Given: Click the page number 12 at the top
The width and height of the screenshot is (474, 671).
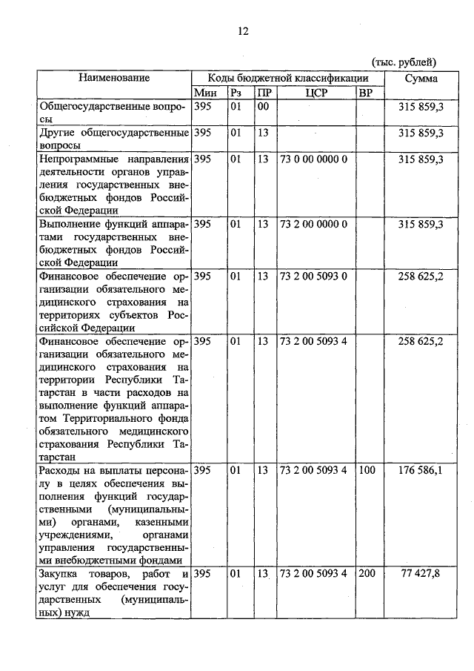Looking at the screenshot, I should [242, 31].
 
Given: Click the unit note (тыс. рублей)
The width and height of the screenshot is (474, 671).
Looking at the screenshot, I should [403, 62].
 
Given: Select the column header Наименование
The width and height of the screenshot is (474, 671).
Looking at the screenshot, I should [114, 78].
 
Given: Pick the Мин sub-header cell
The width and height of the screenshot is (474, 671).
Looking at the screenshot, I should [204, 93].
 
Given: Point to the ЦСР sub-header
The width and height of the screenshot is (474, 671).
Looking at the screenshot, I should [316, 93].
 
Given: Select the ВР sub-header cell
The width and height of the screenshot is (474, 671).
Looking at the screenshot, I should [365, 93].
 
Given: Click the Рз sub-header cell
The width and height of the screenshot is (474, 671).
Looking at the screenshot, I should [236, 93].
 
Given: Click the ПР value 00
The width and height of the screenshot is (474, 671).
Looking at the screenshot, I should [262, 107].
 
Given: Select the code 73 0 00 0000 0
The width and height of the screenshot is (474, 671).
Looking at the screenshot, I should [314, 159].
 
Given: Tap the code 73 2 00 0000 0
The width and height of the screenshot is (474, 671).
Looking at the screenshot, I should [314, 224].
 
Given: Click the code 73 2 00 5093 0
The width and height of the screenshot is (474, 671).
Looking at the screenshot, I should [314, 276].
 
